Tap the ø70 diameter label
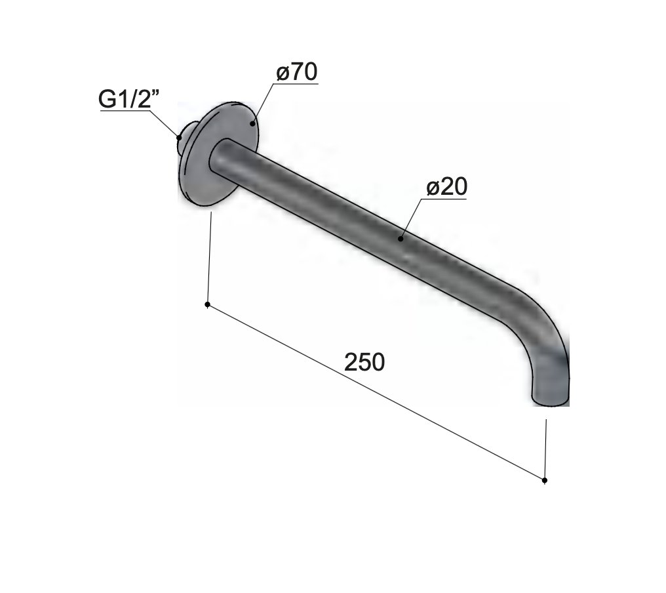pos(296,72)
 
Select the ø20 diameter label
pos(446,186)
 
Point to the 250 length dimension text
pos(364,362)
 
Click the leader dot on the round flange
pos(252,124)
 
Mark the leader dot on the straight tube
pos(400,239)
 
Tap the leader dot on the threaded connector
pos(179,137)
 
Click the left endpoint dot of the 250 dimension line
pos(207,304)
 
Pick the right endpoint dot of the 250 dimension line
pos(545,480)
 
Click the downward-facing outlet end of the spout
pos(551,399)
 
